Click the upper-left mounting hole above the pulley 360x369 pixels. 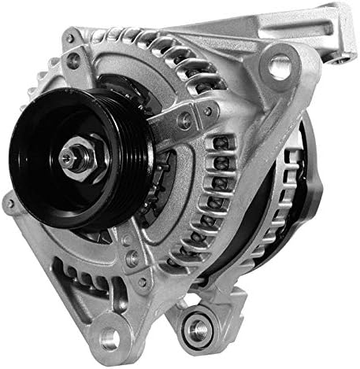pos(73,59)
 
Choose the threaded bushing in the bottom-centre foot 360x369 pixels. pos(195,323)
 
